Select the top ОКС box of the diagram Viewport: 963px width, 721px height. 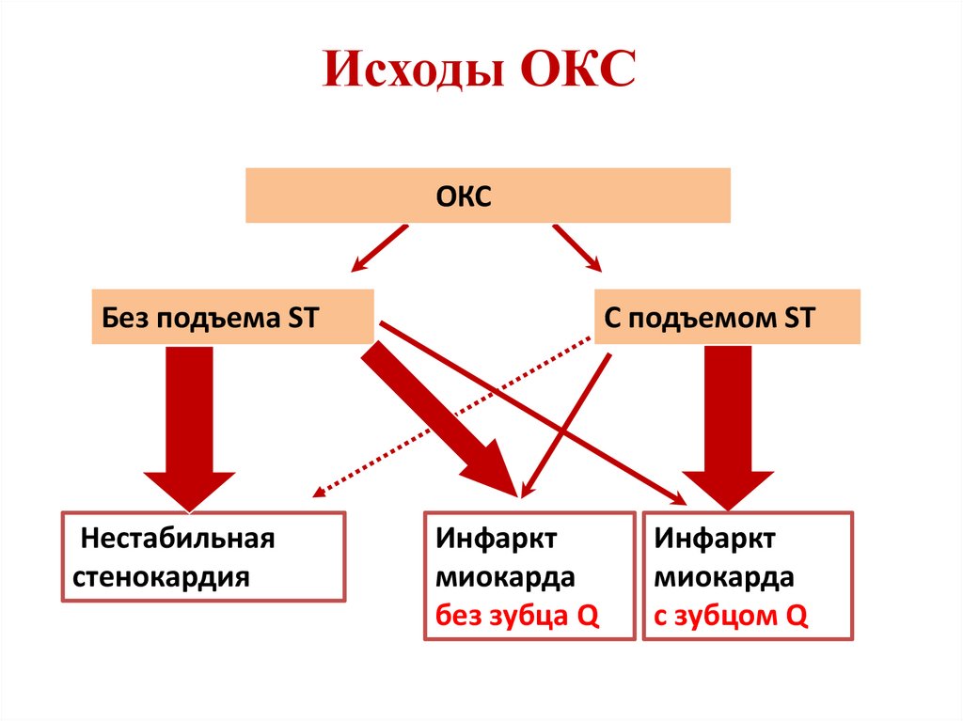click(x=487, y=196)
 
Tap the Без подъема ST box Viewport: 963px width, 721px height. click(x=231, y=316)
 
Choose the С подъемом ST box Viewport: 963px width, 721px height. click(x=727, y=316)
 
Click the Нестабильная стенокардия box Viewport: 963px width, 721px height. click(x=203, y=556)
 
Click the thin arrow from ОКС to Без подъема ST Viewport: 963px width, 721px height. click(x=379, y=248)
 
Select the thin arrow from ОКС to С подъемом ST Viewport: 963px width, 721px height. click(x=576, y=247)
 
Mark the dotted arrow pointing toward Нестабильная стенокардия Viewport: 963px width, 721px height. click(x=451, y=418)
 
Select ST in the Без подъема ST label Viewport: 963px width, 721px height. click(x=301, y=317)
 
